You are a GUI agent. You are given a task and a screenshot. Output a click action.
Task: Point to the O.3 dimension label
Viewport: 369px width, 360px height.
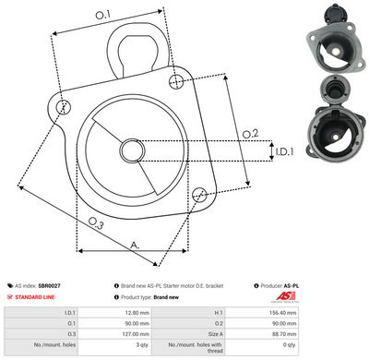click(x=94, y=222)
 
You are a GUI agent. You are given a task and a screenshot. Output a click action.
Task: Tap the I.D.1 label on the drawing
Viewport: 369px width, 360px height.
click(x=283, y=150)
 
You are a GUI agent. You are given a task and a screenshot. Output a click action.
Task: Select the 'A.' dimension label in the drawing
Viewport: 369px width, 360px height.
click(x=136, y=245)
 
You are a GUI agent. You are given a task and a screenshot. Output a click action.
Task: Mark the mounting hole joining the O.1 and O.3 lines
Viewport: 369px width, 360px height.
click(x=64, y=108)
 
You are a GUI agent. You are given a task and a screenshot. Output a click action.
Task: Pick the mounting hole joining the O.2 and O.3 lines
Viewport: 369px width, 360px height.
click(x=198, y=194)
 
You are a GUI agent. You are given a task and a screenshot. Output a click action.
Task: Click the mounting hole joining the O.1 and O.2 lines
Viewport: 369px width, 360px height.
click(x=176, y=81)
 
